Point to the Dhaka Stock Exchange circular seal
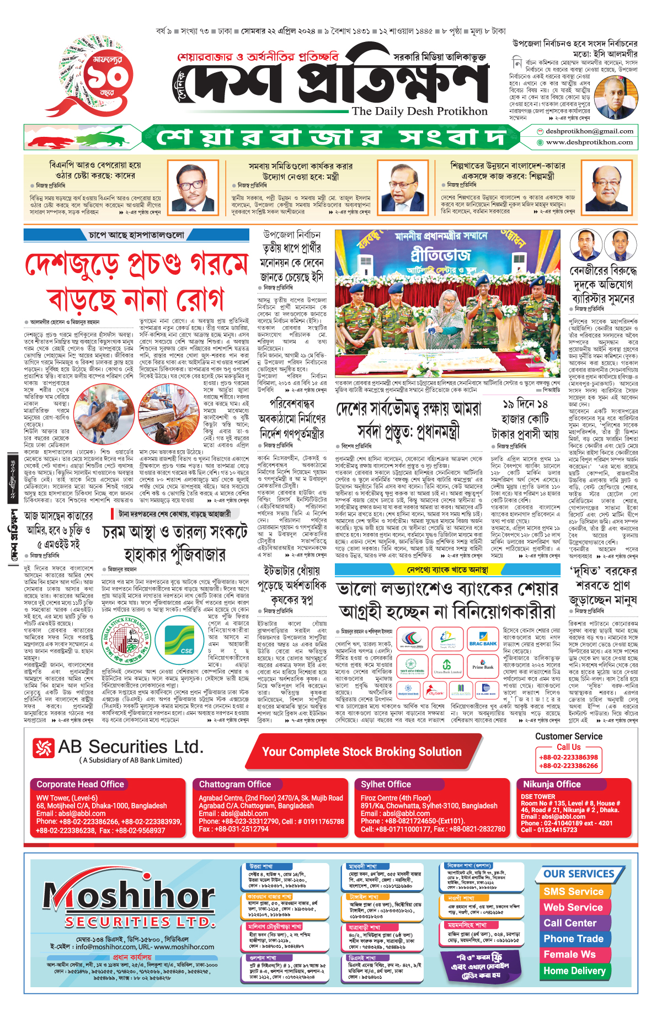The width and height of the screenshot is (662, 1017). pyautogui.click(x=126, y=641)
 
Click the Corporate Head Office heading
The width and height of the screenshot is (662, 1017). pyautogui.click(x=81, y=784)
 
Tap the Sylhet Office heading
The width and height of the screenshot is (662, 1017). pyautogui.click(x=386, y=784)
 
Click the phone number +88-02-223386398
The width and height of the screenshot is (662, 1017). pyautogui.click(x=568, y=757)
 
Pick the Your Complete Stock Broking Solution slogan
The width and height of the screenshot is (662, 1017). pyautogui.click(x=361, y=752)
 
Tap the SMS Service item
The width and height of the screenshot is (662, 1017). pyautogui.click(x=573, y=891)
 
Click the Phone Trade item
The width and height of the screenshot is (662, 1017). pyautogui.click(x=573, y=939)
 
